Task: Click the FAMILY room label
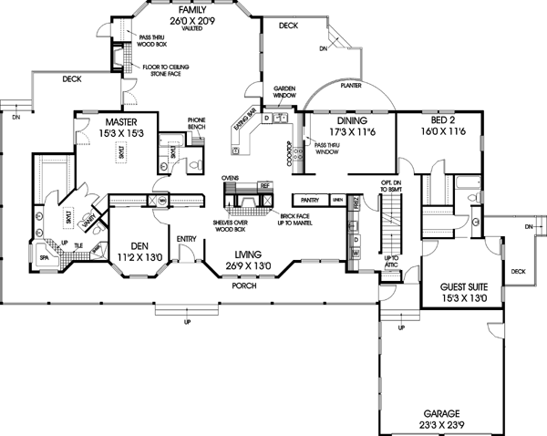tap(189, 6)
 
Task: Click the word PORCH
tap(243, 285)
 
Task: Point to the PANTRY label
tap(310, 199)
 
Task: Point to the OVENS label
tap(231, 179)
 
